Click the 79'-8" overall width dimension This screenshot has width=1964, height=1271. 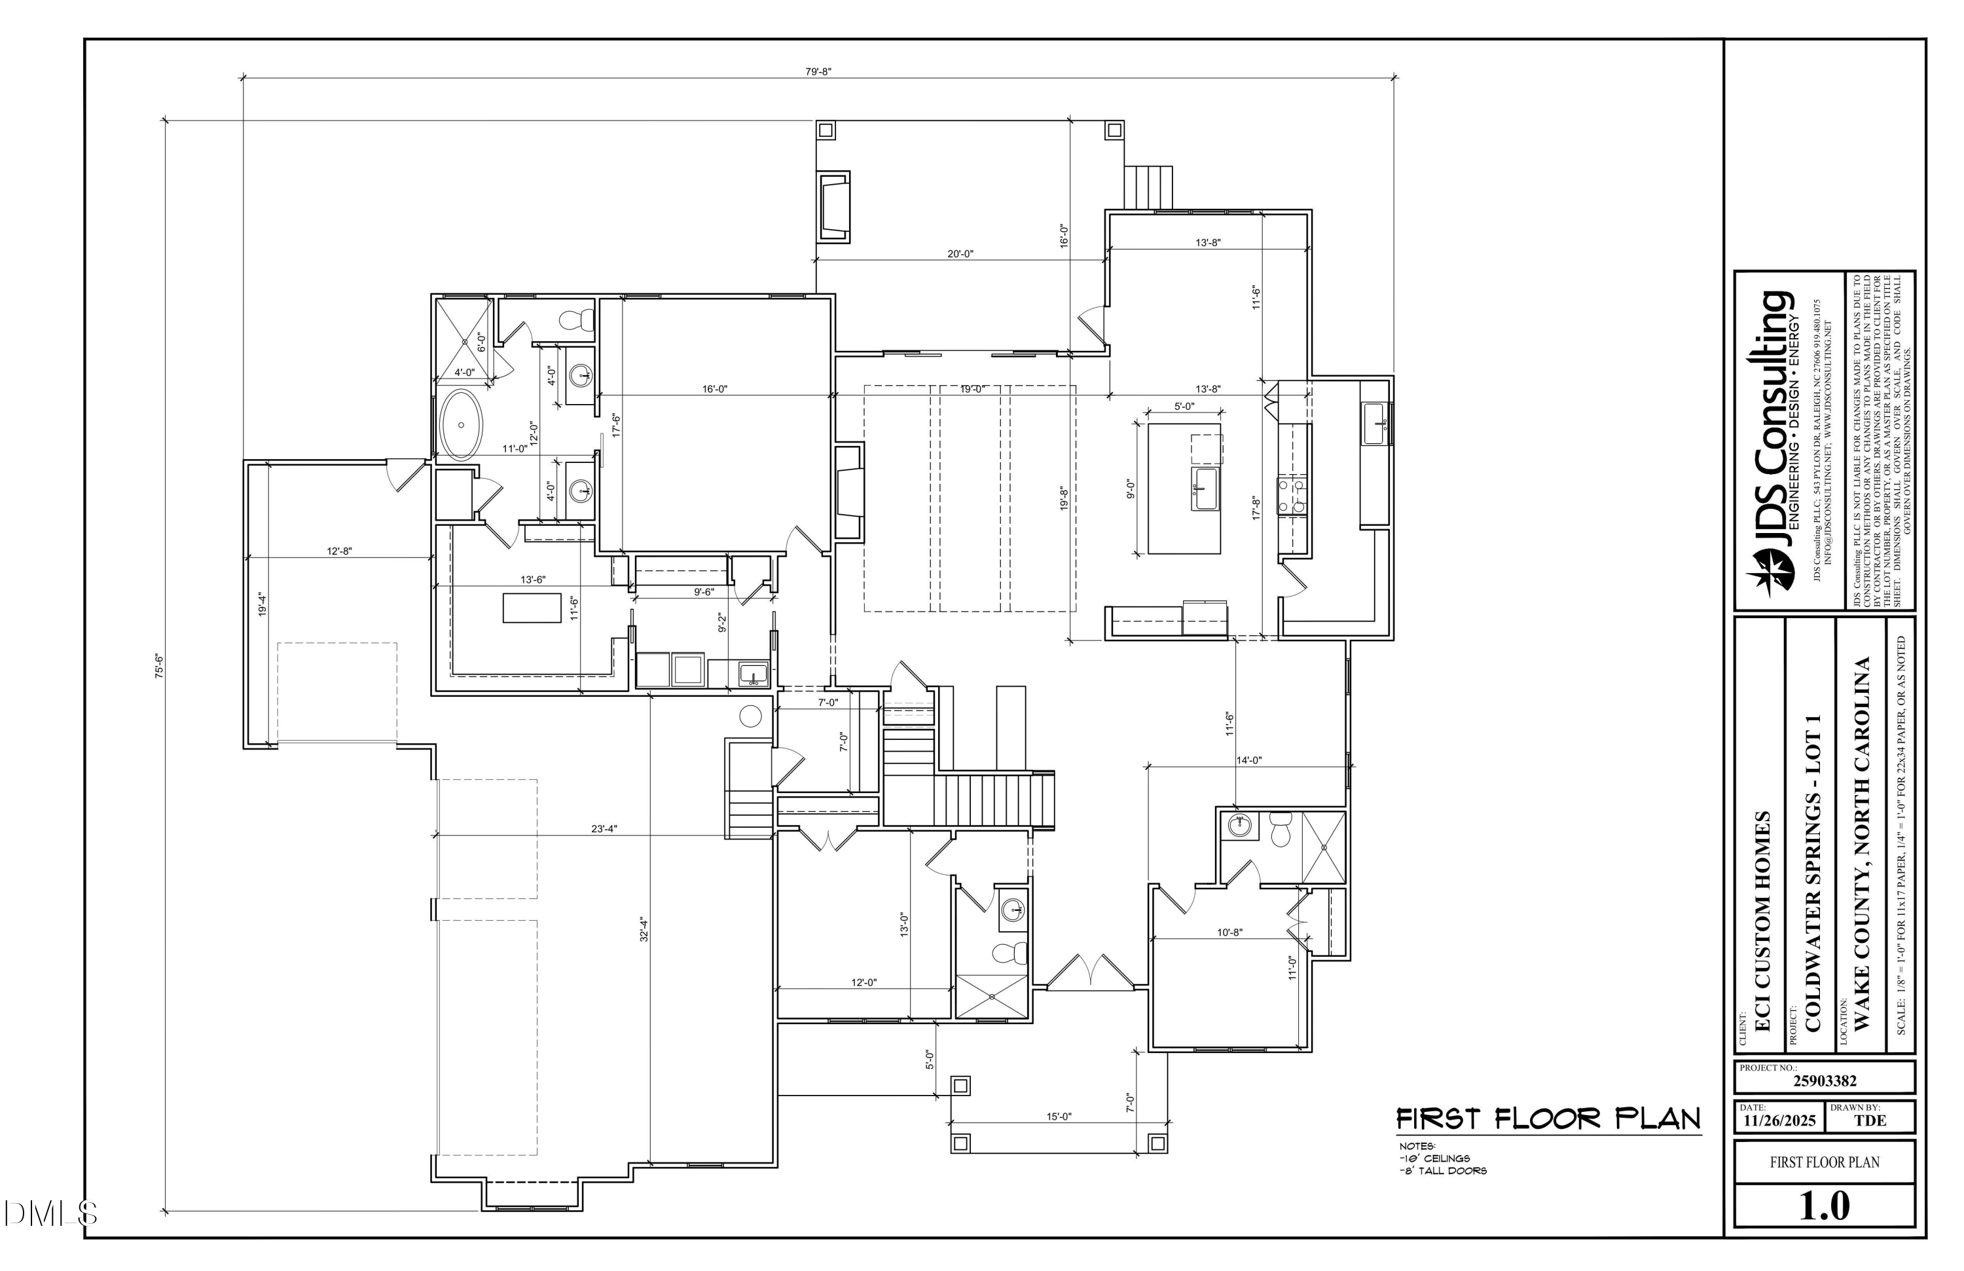coord(818,72)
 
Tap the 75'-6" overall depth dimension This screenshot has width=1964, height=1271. coord(159,665)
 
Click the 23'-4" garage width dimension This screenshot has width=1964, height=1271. coord(604,828)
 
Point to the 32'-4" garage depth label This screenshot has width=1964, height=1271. coord(644,930)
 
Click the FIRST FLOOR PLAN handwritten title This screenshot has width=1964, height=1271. coord(1548,1119)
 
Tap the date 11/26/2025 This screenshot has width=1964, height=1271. coord(1779,1121)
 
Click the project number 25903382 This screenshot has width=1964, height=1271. coord(1825,1081)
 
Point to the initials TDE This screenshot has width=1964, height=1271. coord(1870,1121)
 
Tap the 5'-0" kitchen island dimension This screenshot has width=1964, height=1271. coord(1184,406)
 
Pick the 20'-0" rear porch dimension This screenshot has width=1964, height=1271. coord(960,253)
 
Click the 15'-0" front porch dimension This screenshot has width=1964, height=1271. coord(1059,1116)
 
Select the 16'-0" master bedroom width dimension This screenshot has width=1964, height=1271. coord(715,389)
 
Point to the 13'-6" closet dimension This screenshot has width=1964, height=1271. coord(532,580)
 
